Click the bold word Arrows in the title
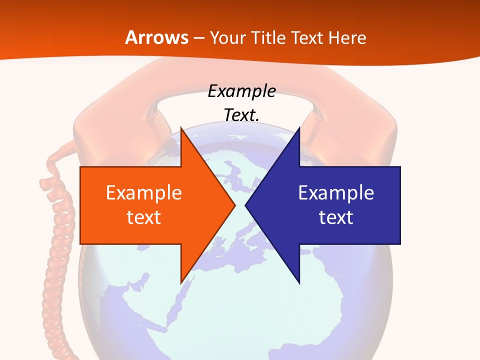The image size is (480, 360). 156,37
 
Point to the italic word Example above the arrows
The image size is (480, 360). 241,91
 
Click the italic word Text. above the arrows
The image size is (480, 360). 241,115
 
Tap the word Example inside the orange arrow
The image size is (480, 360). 144,193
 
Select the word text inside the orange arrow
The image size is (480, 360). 144,217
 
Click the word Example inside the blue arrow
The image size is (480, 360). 336,193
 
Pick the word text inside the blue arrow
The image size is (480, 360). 336,217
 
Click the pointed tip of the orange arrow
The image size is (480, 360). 234,205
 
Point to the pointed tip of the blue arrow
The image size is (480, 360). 246,205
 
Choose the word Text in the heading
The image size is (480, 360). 307,37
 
